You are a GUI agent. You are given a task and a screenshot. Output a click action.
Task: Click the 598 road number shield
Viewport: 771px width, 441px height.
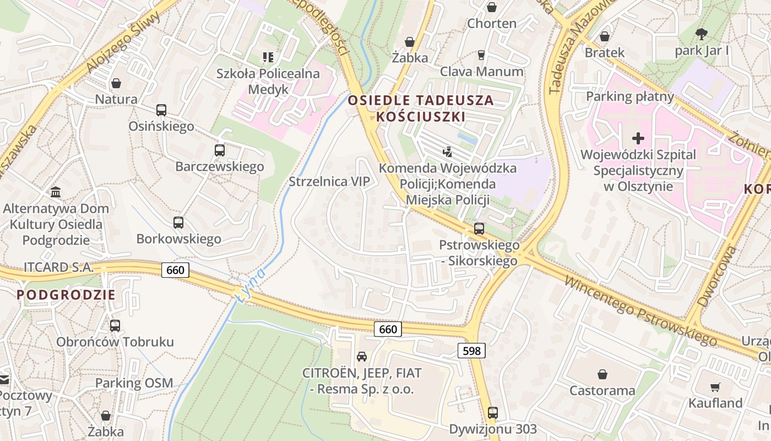pos(471,351)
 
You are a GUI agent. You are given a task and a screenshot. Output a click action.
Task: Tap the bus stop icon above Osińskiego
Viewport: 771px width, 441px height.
pos(161,110)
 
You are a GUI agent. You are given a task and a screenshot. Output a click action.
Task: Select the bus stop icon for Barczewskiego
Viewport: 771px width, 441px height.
pos(219,150)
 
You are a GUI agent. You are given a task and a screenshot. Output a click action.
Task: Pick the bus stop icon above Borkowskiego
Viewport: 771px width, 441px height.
pos(178,223)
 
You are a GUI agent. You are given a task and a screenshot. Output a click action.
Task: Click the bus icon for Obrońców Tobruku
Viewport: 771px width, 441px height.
pos(115,325)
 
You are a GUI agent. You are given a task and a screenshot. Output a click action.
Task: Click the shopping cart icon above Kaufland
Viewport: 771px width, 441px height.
pos(715,387)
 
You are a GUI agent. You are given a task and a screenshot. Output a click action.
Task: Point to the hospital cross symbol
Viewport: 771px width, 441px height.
pos(638,138)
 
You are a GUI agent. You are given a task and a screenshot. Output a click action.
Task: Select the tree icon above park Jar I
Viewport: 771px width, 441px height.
pos(701,34)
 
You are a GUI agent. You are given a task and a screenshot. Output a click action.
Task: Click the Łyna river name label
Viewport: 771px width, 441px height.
pos(250,284)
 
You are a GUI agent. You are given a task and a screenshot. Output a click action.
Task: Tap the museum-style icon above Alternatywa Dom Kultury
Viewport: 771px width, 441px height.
pos(56,192)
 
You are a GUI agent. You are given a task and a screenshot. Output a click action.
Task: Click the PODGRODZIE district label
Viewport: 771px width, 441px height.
pos(66,294)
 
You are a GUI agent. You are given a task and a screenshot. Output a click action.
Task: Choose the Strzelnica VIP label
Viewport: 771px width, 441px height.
pos(329,181)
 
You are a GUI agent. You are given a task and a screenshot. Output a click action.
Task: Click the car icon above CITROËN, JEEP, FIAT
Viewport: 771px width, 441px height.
pos(361,357)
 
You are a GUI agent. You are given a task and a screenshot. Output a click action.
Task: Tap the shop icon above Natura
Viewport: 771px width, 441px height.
pos(116,83)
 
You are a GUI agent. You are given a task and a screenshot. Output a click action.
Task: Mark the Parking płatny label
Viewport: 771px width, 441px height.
pos(630,96)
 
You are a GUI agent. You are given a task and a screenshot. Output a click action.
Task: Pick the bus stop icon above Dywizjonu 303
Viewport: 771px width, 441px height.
pos(492,412)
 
